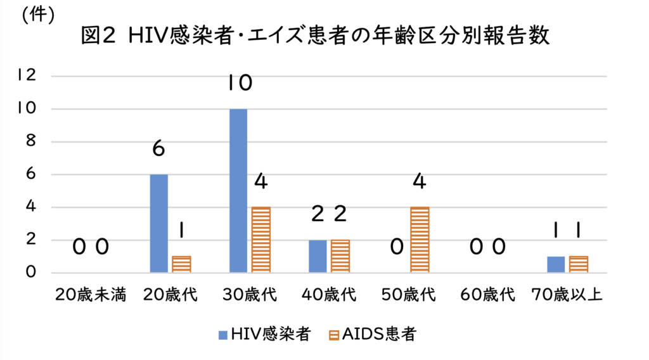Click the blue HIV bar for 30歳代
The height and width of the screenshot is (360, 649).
238,191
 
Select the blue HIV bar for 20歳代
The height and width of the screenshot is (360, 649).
158,224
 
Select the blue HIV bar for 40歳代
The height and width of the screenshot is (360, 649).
318,257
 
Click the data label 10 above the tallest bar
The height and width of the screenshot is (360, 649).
240,82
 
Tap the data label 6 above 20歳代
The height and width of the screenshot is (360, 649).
158,149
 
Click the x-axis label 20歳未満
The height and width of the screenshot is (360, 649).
90,295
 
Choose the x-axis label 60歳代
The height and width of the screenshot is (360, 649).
487,295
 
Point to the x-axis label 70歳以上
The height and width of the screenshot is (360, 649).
567,295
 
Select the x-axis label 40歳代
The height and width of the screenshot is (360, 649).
328,295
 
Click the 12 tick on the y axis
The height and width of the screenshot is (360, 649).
27,75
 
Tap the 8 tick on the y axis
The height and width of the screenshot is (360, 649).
30,141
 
